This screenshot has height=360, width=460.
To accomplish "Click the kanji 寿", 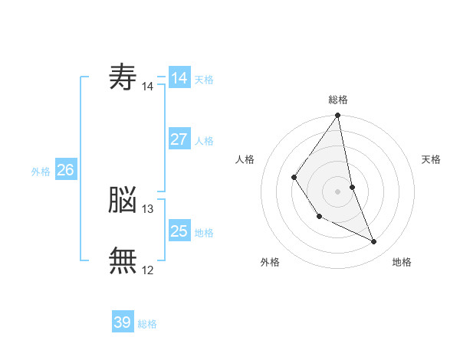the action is pos(123,77).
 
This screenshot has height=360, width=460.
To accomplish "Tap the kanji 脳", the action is pos(123,199).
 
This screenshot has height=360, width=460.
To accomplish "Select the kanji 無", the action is pos(123,260).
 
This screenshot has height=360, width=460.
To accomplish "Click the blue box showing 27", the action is pos(179,139).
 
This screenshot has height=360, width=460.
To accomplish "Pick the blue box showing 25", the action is pos(179,230).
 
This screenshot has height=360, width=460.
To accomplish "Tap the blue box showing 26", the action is pos(66,169).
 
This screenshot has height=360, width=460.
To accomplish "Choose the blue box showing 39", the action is pos(123,321).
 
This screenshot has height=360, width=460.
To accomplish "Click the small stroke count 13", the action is pos(147,209).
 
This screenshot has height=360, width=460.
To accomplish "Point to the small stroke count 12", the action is pos(147,270).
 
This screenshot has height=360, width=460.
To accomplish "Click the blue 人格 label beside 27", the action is pos(204,141).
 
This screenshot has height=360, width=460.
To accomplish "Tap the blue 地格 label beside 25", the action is pos(204,233).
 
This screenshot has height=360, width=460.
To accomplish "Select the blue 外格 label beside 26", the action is pos(41,172).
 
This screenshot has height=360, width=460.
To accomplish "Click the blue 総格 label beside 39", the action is pos(147,324).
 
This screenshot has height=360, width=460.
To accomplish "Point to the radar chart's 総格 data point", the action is pos(337,115).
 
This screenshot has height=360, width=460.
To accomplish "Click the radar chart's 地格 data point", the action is pos(374,241).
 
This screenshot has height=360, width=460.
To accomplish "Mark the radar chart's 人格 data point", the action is pos(294,177).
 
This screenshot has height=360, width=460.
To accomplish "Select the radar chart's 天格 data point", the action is pos(353,187).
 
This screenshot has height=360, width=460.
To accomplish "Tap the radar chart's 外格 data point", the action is pos(320,217).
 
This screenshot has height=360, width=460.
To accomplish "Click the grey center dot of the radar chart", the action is pos(337,191).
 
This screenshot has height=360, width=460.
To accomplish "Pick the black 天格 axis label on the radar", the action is pos(431,159).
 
